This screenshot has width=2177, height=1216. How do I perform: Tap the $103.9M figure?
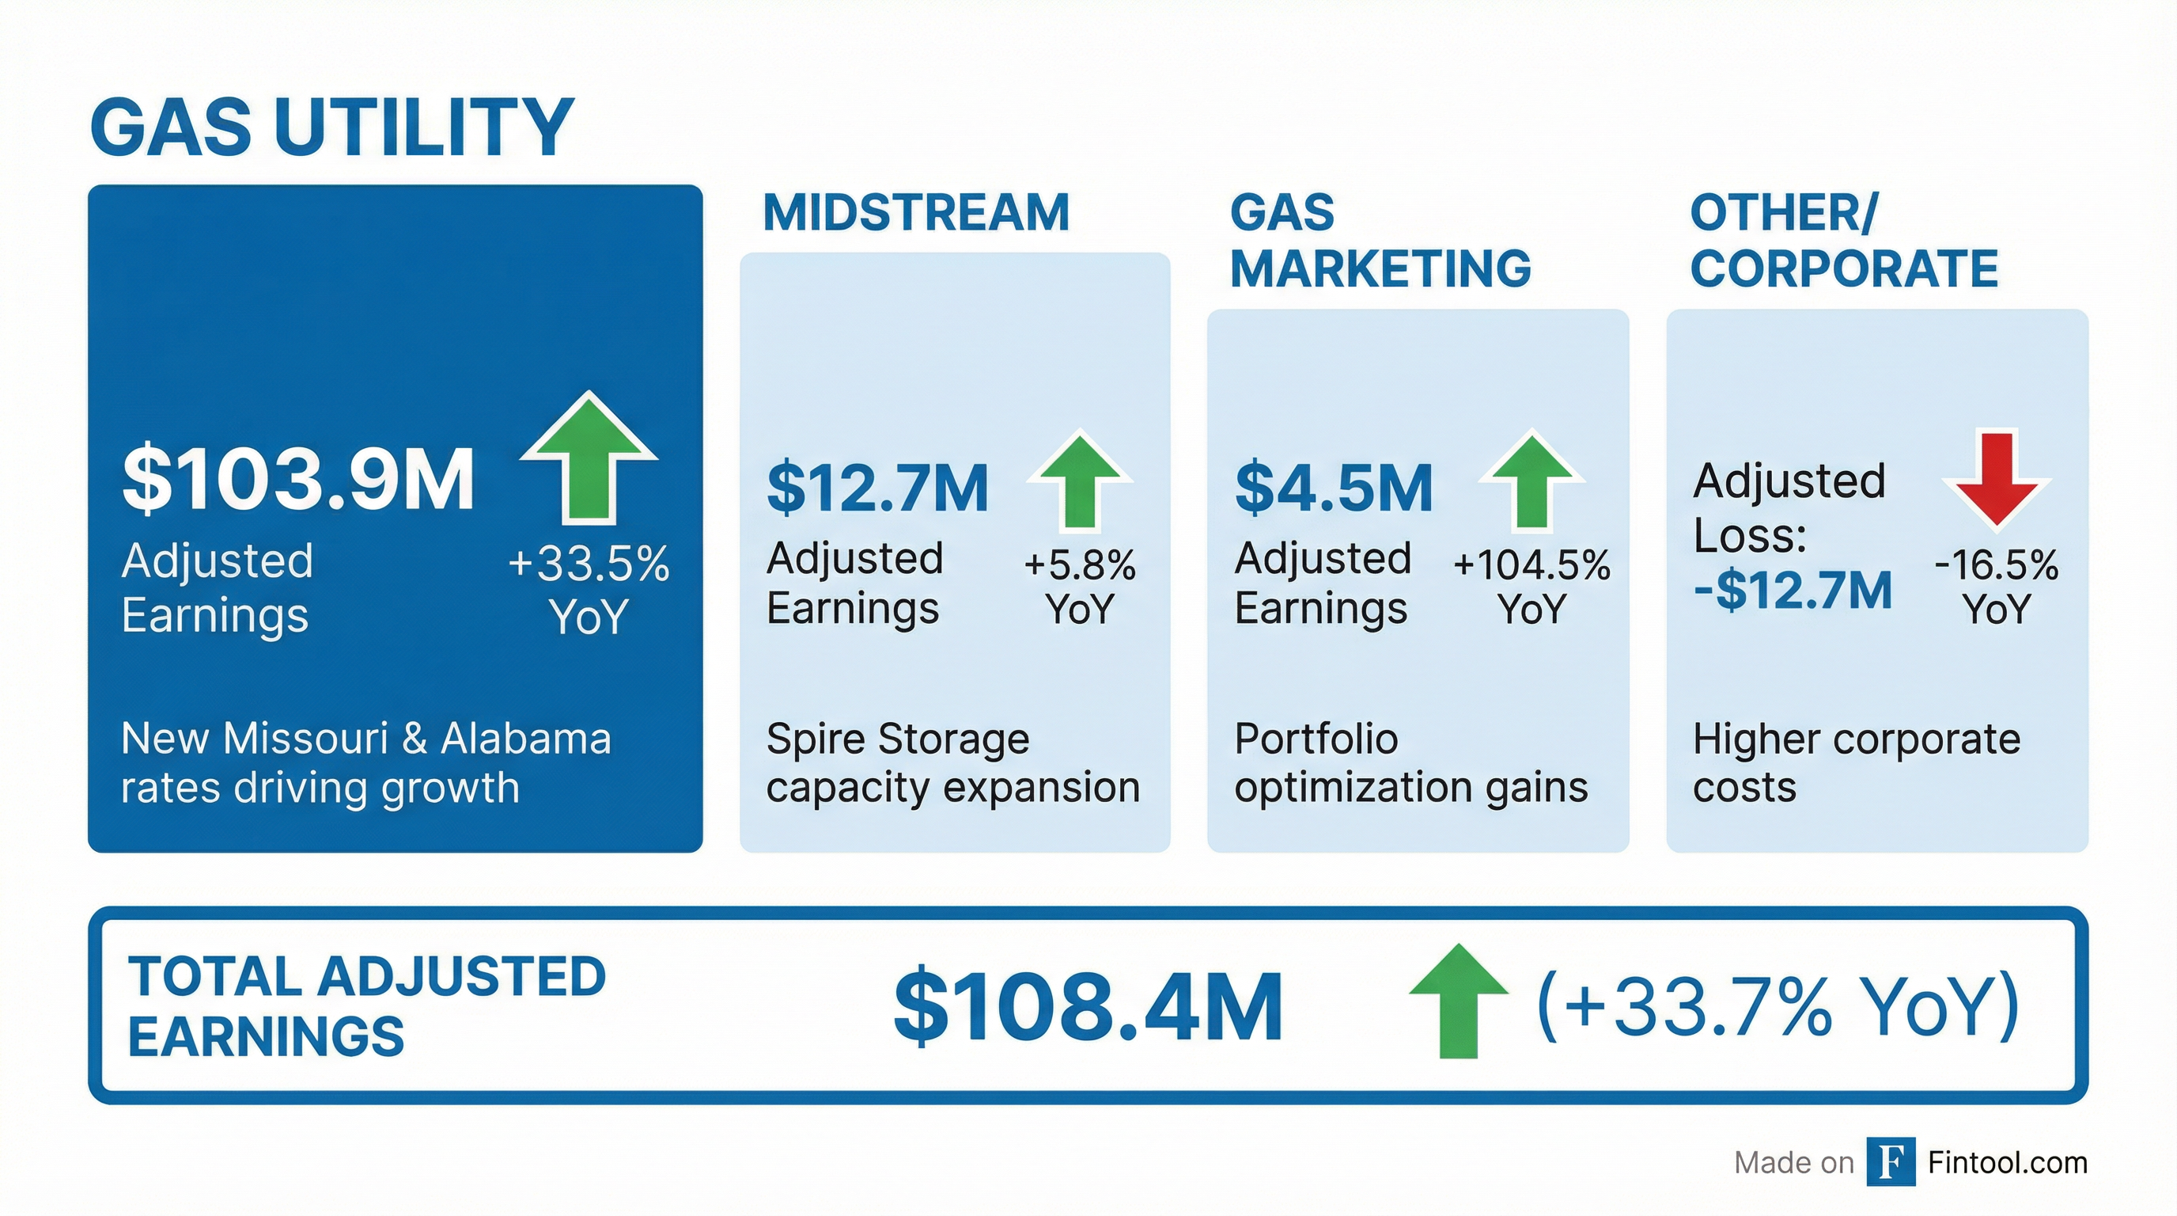click(297, 481)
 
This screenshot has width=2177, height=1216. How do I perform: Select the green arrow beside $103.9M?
click(589, 458)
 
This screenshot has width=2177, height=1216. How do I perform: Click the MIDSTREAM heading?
click(916, 212)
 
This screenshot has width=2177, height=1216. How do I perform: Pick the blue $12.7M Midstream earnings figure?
click(877, 488)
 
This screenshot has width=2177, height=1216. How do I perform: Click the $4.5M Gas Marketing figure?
click(1334, 488)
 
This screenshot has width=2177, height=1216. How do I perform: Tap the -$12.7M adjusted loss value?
click(1792, 591)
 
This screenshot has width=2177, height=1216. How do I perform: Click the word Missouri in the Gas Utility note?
click(306, 739)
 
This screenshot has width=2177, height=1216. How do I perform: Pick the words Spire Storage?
click(898, 739)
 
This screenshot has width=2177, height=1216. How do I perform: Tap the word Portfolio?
click(1316, 739)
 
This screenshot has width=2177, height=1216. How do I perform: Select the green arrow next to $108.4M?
click(1459, 1002)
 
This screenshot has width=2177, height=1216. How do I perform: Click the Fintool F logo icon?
click(1891, 1162)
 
